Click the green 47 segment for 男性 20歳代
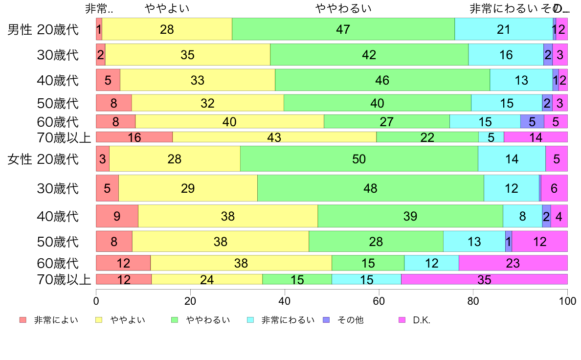click(343, 29)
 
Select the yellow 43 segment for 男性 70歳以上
click(274, 137)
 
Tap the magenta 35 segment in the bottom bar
click(484, 280)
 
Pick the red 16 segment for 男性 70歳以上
click(134, 137)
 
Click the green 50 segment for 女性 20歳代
click(358, 159)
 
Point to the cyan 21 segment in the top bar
click(503, 29)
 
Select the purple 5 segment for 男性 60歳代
click(532, 121)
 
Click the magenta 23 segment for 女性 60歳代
click(513, 263)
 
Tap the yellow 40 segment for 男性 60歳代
click(229, 121)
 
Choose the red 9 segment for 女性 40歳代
click(117, 216)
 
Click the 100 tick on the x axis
click(567, 300)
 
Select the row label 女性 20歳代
click(43, 159)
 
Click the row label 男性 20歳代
click(43, 29)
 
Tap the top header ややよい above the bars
click(167, 8)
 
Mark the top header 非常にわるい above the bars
click(504, 8)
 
